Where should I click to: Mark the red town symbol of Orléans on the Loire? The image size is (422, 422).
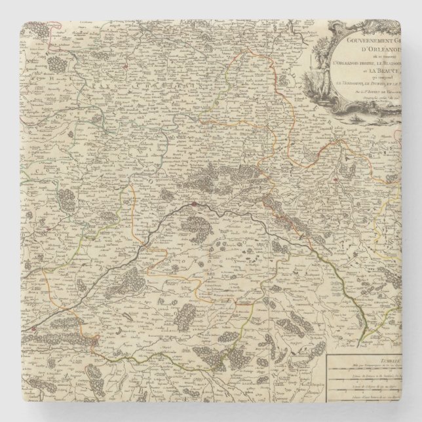[195, 204]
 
